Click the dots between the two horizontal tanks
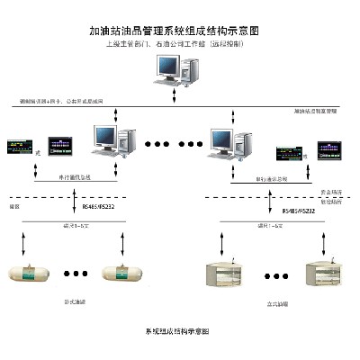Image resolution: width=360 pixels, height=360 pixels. (79, 271)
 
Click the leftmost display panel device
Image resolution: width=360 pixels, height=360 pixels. (19, 144)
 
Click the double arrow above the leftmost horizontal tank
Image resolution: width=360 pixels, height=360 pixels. (37, 239)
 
